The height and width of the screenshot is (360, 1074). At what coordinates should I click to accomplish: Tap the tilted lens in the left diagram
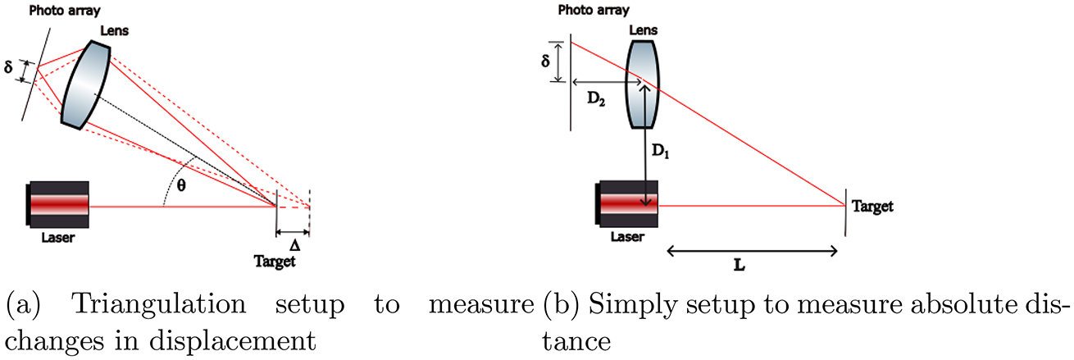click(96, 84)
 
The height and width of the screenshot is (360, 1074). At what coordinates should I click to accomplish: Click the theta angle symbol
click(181, 186)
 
